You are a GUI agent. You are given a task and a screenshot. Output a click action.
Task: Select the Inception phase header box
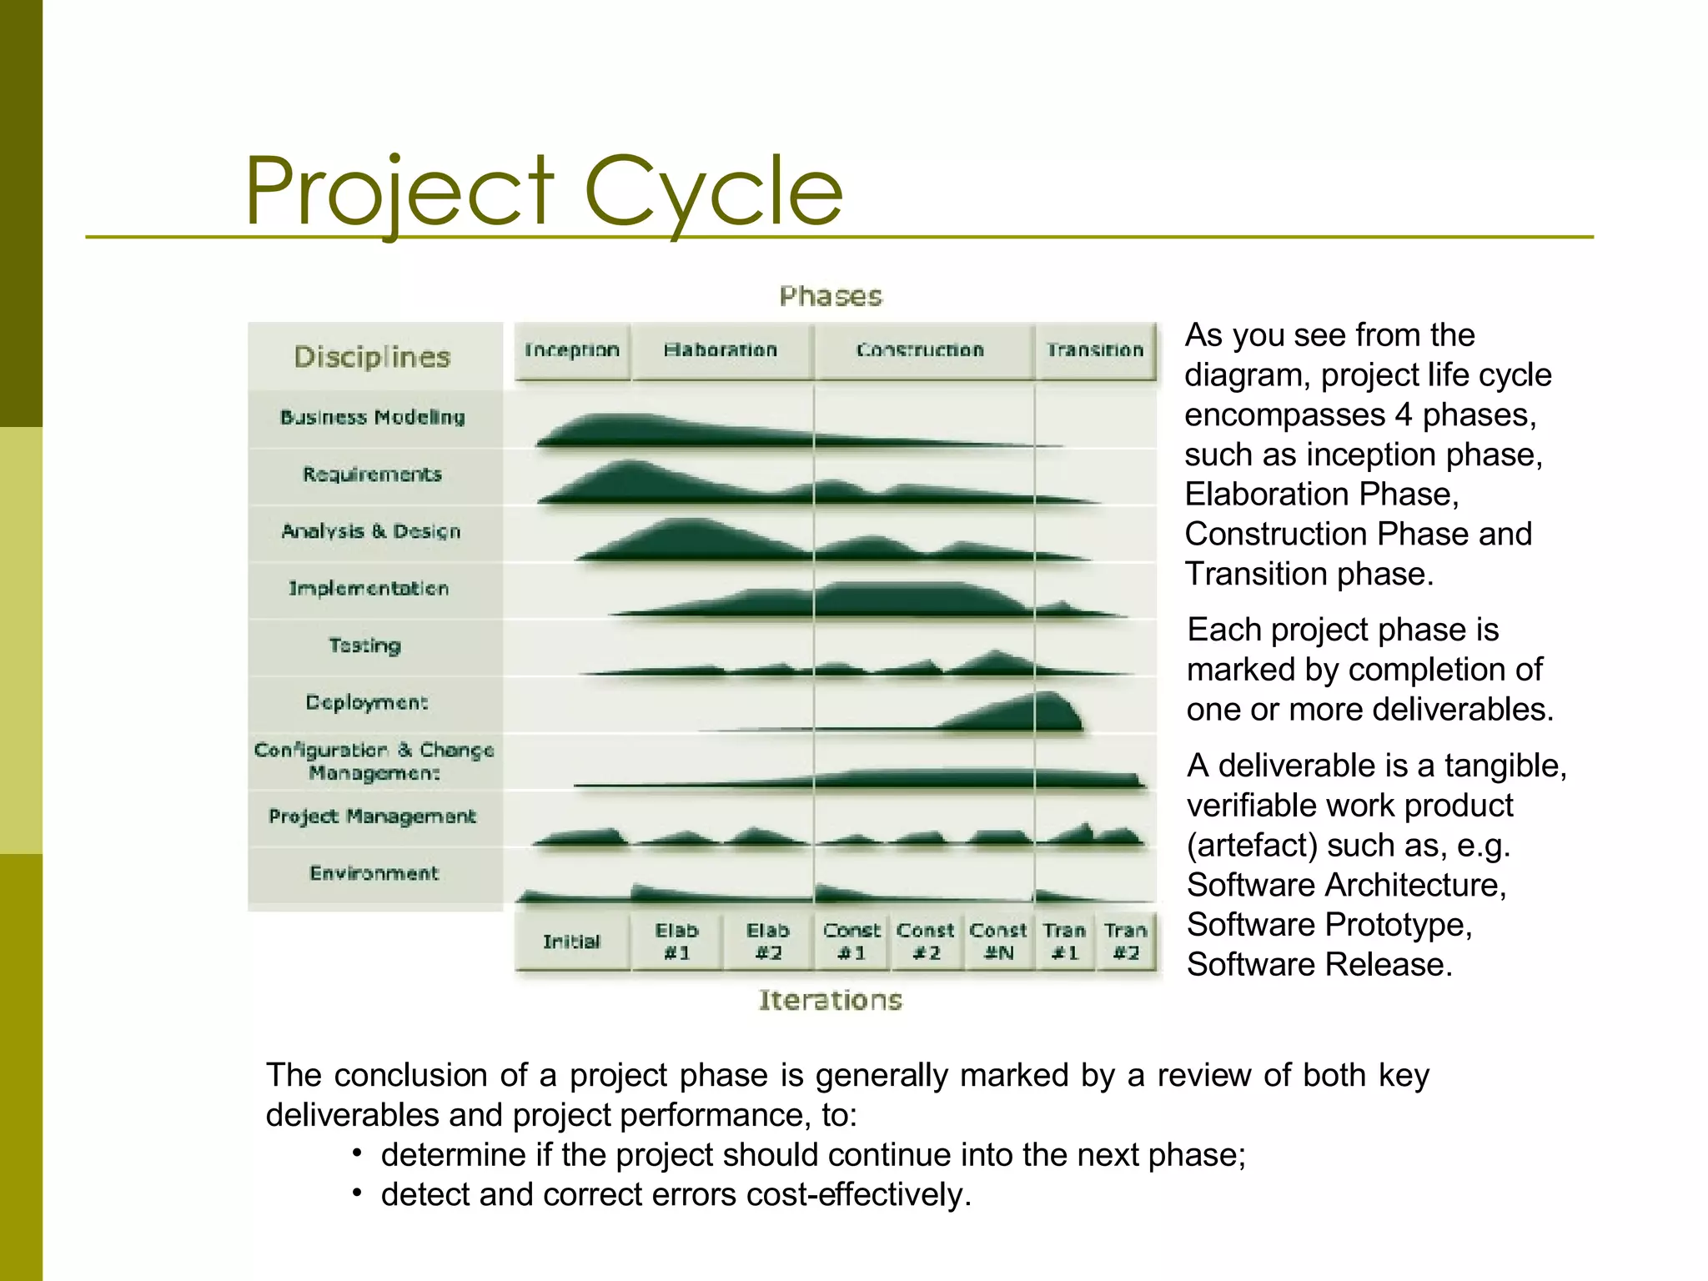pyautogui.click(x=572, y=351)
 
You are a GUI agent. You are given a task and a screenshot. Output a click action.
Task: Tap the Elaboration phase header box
pyautogui.click(x=721, y=351)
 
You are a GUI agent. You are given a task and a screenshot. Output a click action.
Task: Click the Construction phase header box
pyautogui.click(x=922, y=351)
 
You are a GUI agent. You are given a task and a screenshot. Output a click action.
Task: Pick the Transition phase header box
pyautogui.click(x=1095, y=351)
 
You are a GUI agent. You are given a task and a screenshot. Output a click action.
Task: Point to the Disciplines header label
pyautogui.click(x=372, y=357)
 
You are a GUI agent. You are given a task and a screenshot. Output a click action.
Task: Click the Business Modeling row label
pyautogui.click(x=373, y=417)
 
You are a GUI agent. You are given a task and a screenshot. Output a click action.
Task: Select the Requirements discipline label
pyautogui.click(x=372, y=475)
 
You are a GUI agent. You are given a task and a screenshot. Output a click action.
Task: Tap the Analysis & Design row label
pyautogui.click(x=371, y=531)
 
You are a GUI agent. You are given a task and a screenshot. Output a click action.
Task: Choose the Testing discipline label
pyautogui.click(x=365, y=646)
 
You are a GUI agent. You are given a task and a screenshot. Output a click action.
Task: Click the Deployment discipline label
pyautogui.click(x=367, y=702)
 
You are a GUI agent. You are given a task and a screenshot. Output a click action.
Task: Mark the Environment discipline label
pyautogui.click(x=374, y=873)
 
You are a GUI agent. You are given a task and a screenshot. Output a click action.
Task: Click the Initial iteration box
pyautogui.click(x=572, y=942)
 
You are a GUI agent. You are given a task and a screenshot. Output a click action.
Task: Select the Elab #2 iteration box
pyautogui.click(x=768, y=942)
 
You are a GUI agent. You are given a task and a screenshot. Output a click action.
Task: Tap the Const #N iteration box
pyautogui.click(x=998, y=942)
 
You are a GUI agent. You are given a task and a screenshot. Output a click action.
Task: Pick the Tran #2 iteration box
pyautogui.click(x=1126, y=942)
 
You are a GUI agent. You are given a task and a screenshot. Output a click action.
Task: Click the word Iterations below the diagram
pyautogui.click(x=831, y=1000)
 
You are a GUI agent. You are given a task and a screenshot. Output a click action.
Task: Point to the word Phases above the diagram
pyautogui.click(x=831, y=296)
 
